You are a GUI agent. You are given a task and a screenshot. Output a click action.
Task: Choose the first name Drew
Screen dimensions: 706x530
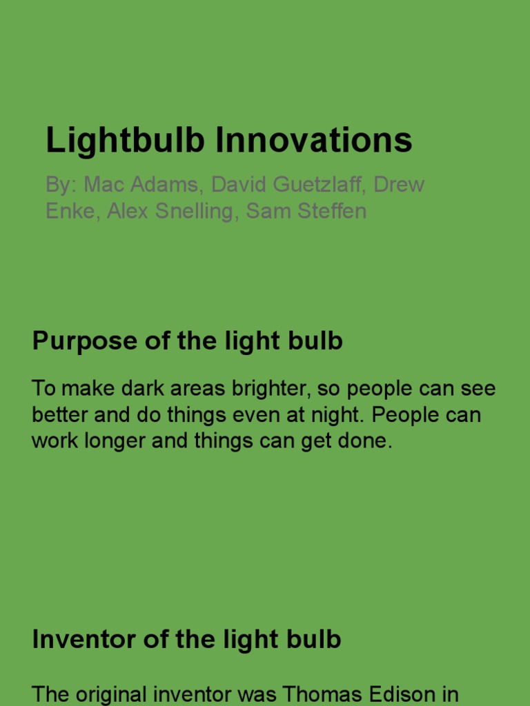pyautogui.click(x=399, y=185)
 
